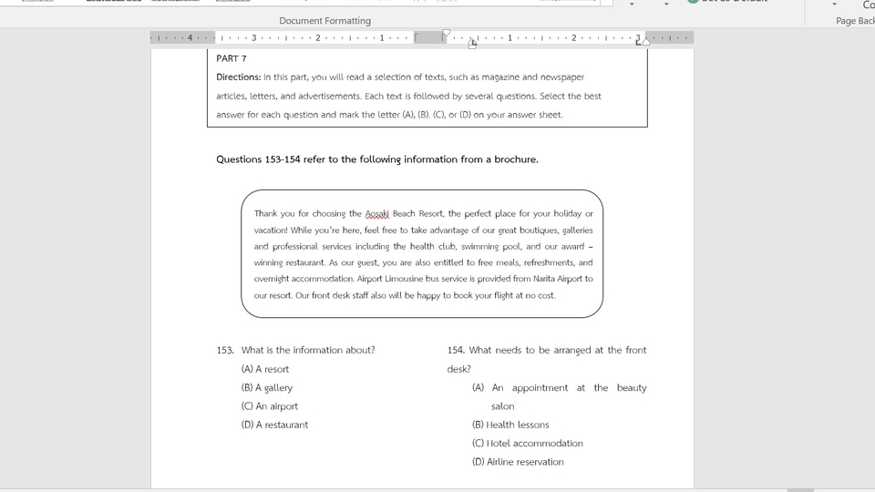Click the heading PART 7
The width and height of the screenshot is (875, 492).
pos(232,58)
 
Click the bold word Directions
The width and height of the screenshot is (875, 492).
pos(238,77)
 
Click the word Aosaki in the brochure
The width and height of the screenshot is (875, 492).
pos(376,214)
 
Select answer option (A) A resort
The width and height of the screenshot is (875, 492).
pos(265,369)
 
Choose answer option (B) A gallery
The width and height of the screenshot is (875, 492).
pos(267,388)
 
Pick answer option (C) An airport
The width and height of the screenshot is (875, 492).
pos(270,406)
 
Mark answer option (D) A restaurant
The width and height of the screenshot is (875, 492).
pos(274,425)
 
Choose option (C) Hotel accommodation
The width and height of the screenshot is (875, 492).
pos(527,444)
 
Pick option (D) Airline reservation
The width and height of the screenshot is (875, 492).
pos(518,462)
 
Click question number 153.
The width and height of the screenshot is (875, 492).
pos(225,350)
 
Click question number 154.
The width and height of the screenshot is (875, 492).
pos(456,350)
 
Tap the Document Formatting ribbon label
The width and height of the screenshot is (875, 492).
pos(324,20)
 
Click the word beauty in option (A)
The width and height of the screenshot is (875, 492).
pos(632,388)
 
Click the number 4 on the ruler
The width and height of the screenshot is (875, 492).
pos(190,37)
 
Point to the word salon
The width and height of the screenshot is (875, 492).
pos(502,406)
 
